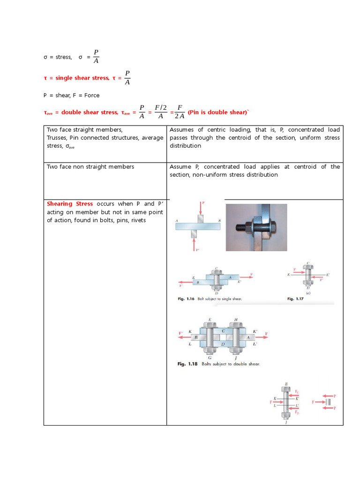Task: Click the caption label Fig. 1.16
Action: [183, 299]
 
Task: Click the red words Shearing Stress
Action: [69, 204]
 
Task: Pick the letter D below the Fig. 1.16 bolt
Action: [216, 293]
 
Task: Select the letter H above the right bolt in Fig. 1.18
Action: [236, 320]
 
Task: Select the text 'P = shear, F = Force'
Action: [71, 95]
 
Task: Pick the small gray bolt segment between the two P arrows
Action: [329, 402]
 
